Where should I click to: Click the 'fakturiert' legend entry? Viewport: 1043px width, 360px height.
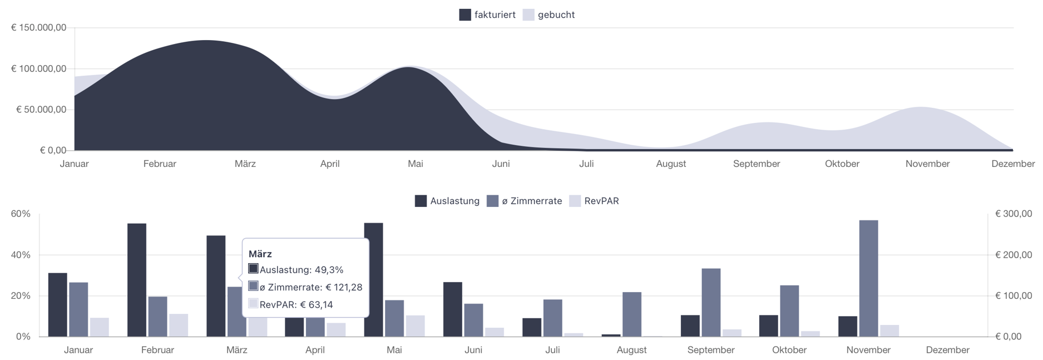(488, 15)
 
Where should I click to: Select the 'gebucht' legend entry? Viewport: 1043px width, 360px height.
(549, 15)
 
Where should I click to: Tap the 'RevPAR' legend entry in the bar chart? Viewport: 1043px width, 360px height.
(595, 201)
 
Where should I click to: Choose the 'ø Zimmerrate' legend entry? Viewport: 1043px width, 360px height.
(525, 201)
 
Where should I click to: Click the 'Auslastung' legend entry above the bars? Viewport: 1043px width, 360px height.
(447, 201)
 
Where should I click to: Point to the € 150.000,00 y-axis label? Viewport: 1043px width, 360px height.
(39, 28)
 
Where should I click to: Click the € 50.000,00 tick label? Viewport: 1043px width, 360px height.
(41, 110)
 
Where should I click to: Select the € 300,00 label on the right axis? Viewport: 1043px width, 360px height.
(1013, 214)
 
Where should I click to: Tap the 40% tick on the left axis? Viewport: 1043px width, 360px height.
(21, 255)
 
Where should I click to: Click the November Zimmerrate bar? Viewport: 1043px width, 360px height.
(868, 278)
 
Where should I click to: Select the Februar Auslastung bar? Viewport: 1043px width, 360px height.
(137, 280)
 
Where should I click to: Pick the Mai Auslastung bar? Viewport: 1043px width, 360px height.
(374, 280)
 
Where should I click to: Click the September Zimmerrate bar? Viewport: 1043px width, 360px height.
(711, 303)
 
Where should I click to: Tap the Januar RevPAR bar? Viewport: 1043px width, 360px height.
(100, 327)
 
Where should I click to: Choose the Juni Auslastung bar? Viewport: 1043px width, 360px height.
(453, 309)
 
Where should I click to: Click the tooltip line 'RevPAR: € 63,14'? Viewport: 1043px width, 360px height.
(296, 304)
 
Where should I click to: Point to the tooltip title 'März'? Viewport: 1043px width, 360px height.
(260, 254)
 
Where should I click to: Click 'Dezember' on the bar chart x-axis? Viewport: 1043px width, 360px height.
(947, 350)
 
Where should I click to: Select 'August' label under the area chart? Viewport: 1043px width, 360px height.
(671, 164)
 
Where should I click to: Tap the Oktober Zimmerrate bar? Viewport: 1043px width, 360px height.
(789, 311)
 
